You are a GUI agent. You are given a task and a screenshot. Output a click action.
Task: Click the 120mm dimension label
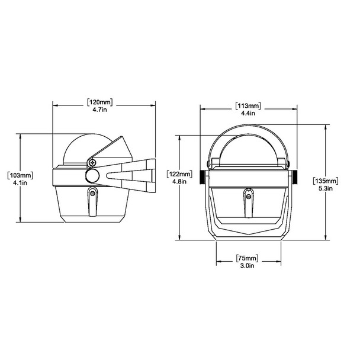(x=100, y=102)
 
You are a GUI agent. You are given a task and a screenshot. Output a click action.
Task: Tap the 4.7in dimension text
(x=99, y=110)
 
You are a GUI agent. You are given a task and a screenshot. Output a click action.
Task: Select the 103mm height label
(x=21, y=175)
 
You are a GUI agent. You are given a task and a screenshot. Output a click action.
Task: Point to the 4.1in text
(x=20, y=183)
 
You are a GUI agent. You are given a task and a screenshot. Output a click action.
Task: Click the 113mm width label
(x=248, y=106)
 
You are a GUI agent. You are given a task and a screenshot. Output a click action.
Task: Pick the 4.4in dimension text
(x=248, y=113)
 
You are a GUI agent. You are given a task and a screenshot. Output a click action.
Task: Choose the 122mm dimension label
(x=180, y=174)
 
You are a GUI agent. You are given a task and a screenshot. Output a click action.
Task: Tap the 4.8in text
(x=179, y=182)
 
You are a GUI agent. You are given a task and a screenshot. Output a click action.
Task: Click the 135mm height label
(x=326, y=181)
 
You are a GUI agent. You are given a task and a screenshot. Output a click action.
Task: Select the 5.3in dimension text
(x=326, y=188)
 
